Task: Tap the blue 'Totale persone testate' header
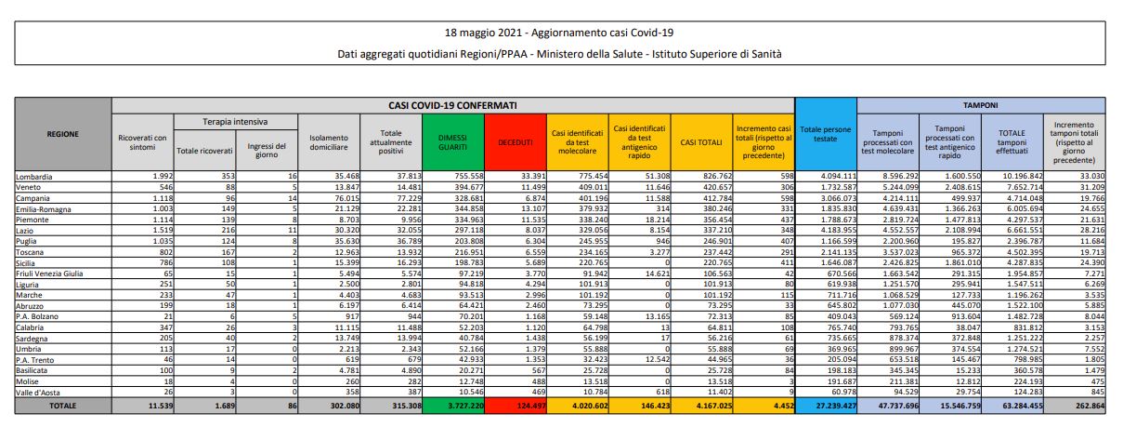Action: coord(824,135)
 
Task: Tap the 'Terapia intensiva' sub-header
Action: coord(235,122)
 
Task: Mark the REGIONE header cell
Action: coord(62,134)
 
